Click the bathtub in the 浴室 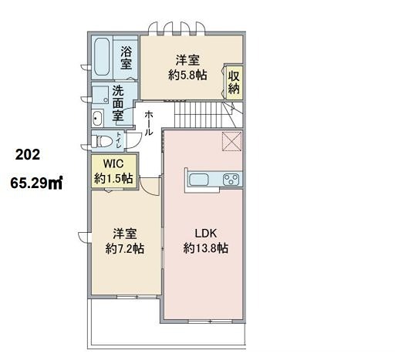click(102, 57)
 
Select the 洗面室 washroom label click(118, 103)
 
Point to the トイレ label click(119, 140)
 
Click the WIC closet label click(113, 163)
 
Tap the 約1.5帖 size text click(113, 178)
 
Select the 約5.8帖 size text click(187, 75)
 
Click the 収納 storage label click(234, 82)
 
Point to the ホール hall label click(149, 123)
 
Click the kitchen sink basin click(198, 180)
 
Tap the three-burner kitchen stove click(231, 180)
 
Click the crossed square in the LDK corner click(231, 141)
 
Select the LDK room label click(205, 234)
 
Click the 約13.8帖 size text click(205, 248)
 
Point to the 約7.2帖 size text click(125, 248)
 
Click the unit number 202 click(28, 155)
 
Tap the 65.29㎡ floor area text click(36, 183)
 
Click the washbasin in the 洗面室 click(97, 118)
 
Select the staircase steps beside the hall click(201, 115)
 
